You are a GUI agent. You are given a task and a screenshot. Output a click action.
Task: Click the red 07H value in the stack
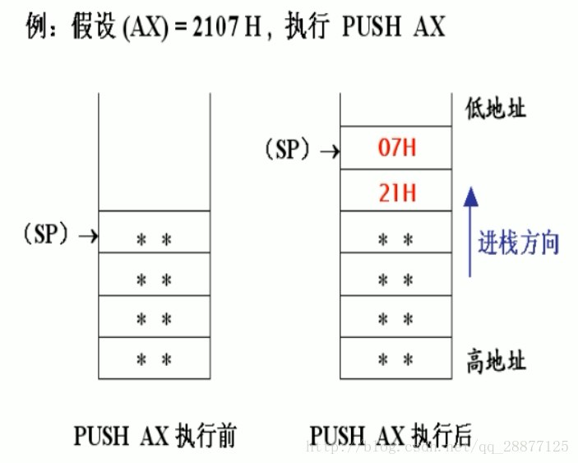[396, 149]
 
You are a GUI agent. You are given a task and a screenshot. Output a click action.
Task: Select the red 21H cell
[396, 193]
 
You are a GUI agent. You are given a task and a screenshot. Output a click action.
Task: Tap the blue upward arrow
[469, 231]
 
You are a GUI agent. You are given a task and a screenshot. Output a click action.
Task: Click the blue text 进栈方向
[519, 243]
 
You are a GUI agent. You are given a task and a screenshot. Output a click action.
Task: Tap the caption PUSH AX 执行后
[393, 433]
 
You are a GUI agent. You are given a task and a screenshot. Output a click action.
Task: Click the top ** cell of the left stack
[154, 239]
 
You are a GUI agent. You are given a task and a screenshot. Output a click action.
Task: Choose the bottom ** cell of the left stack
[154, 358]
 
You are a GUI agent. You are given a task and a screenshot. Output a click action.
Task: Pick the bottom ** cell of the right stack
[395, 359]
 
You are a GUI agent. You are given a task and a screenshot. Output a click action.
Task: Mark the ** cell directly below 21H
[395, 239]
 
